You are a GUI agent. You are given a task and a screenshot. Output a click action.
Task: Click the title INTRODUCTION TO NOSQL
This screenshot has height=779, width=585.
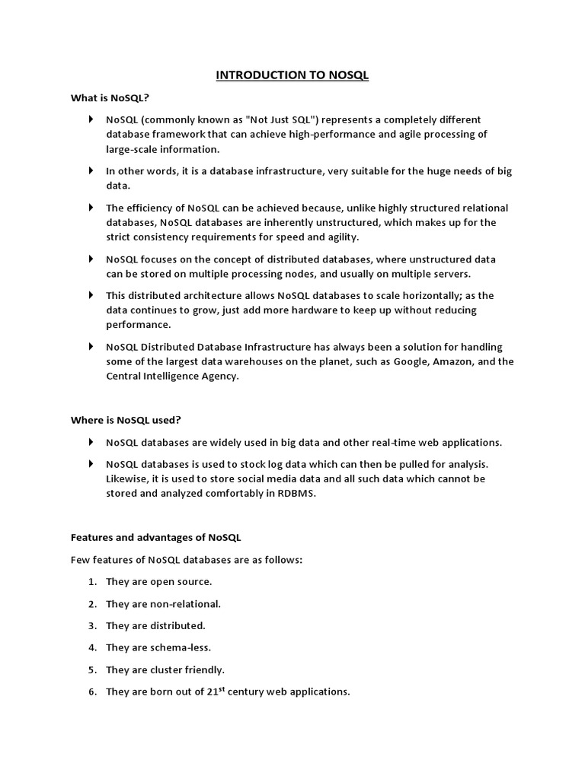tap(292, 75)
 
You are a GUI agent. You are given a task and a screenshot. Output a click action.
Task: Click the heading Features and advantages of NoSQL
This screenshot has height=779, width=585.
tap(155, 537)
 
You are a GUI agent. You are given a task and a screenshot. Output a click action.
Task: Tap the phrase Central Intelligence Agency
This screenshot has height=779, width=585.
tap(172, 376)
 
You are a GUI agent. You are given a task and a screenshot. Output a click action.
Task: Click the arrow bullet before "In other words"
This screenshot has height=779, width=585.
tap(91, 171)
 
